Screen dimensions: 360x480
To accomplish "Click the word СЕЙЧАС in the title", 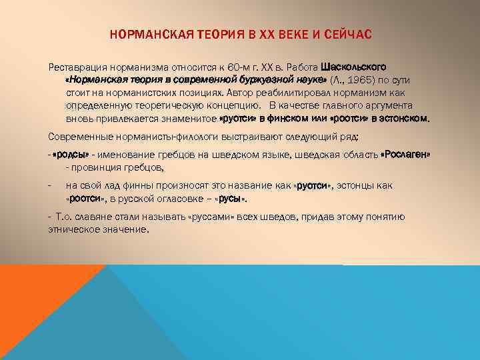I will (x=353, y=34).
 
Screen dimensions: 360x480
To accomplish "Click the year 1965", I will (x=360, y=81).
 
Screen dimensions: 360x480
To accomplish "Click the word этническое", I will (x=76, y=229).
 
